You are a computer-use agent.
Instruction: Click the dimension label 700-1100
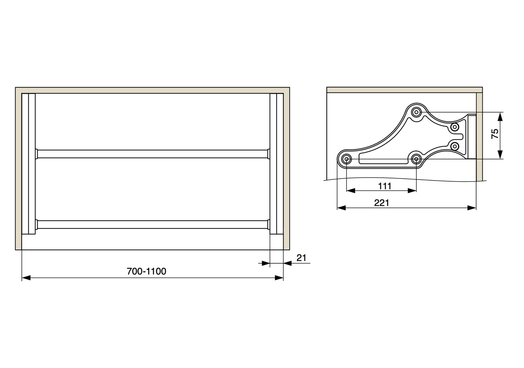(x=147, y=271)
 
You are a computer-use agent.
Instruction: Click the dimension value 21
(x=301, y=258)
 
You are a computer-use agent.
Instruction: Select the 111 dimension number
(x=385, y=186)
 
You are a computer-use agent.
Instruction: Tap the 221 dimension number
(x=381, y=203)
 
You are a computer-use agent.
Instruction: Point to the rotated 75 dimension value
(x=495, y=134)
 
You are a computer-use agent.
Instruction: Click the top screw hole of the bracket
(x=417, y=112)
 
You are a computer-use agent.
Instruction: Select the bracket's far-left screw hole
(x=346, y=159)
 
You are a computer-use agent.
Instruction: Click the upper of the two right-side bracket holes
(x=455, y=127)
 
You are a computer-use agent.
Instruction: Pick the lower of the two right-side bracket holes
(x=455, y=146)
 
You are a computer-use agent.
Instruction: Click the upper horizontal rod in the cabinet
(x=152, y=154)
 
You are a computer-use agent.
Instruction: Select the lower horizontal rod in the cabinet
(x=152, y=224)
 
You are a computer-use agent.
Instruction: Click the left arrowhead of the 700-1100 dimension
(x=26, y=278)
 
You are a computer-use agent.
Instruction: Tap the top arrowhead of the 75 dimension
(x=500, y=116)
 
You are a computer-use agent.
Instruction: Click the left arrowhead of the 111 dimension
(x=350, y=191)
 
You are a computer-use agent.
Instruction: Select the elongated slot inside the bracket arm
(x=384, y=159)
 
